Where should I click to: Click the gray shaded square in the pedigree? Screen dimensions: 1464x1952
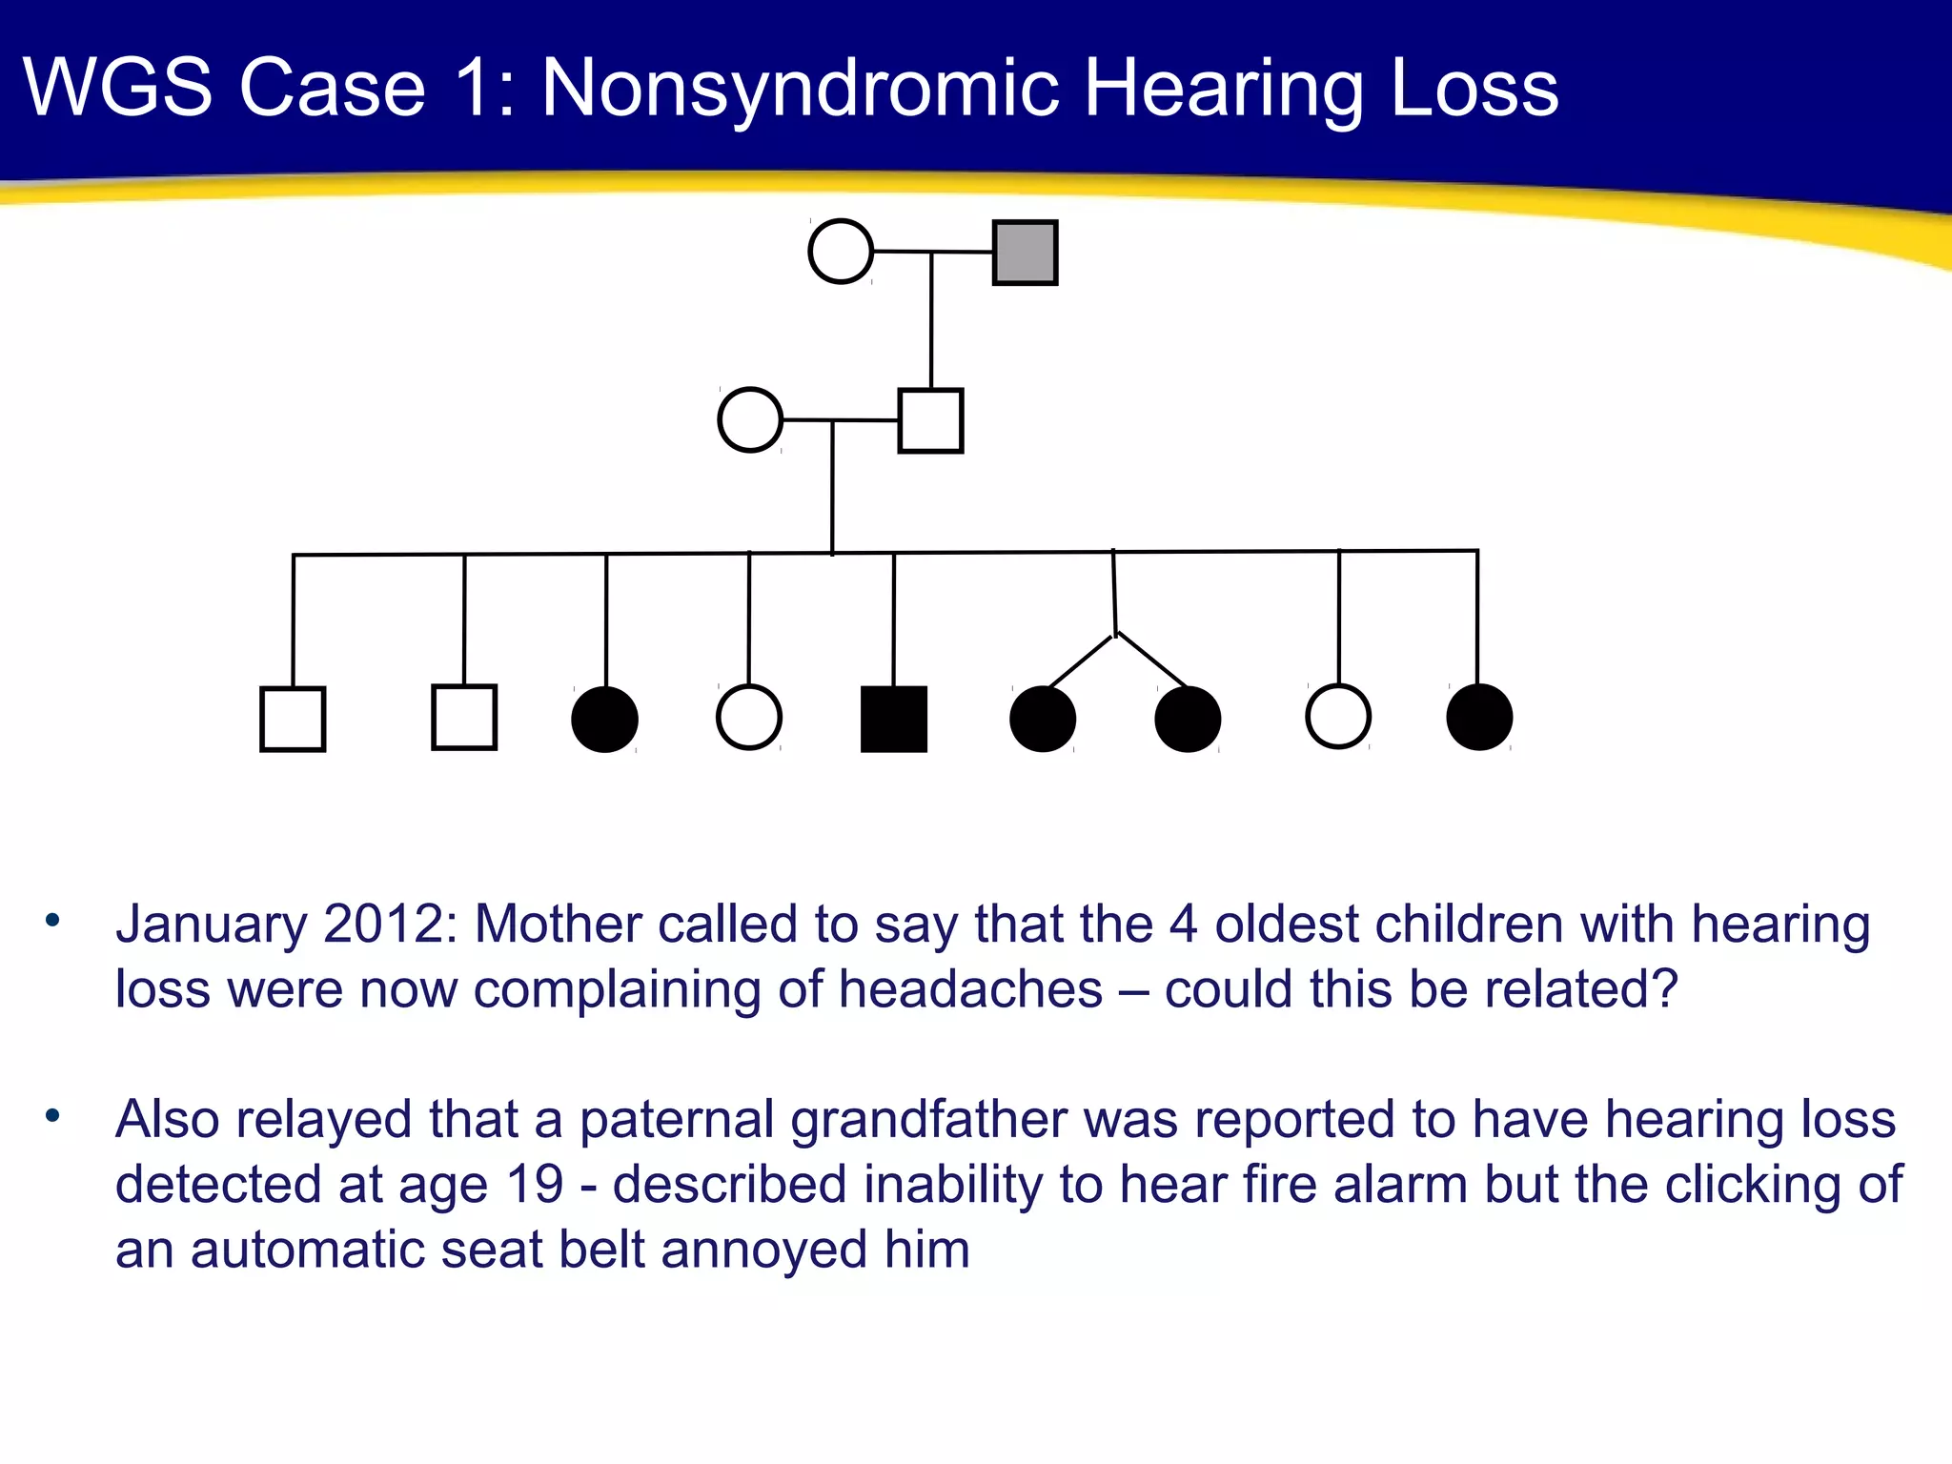pos(1025,253)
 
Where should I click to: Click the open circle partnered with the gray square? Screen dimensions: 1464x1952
pos(841,252)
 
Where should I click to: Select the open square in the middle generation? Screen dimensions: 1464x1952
pos(930,420)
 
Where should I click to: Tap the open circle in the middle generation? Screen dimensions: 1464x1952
pos(750,419)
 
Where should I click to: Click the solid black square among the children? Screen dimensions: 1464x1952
pos(893,719)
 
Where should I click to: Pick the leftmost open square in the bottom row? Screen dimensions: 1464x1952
pos(293,719)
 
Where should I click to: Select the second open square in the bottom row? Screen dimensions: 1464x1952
pos(464,717)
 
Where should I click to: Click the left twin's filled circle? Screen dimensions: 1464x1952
pos(1043,719)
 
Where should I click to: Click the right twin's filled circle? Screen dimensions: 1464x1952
pos(1188,719)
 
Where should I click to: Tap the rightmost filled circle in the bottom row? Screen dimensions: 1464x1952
pos(1479,717)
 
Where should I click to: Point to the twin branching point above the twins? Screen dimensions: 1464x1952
pos(1116,633)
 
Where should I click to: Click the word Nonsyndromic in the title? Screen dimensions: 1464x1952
pos(800,88)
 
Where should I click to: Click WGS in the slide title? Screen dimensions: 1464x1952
pos(117,88)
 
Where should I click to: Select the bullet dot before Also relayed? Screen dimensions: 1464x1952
pos(52,1114)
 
